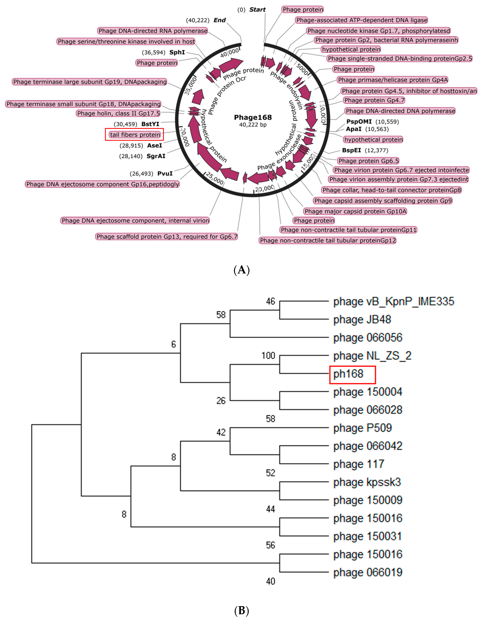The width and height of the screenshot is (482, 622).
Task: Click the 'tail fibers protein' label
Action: (135, 135)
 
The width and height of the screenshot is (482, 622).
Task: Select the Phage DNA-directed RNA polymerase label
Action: (153, 31)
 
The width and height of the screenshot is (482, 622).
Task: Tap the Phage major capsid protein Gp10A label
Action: (355, 211)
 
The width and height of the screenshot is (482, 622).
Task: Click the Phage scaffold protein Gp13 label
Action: (167, 237)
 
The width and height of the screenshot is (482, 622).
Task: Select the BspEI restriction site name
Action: (351, 150)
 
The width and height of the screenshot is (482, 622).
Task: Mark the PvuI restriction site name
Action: (165, 174)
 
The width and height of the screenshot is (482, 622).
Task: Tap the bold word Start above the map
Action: (257, 10)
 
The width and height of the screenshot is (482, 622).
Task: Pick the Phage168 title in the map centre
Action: (253, 117)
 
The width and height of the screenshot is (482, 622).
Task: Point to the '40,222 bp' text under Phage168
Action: (253, 125)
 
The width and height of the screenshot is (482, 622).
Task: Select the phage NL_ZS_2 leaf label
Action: (372, 356)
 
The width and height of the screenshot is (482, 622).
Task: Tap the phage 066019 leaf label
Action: (368, 573)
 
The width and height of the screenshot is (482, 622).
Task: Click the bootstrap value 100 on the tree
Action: (268, 356)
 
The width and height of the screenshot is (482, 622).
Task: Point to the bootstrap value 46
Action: (271, 301)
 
